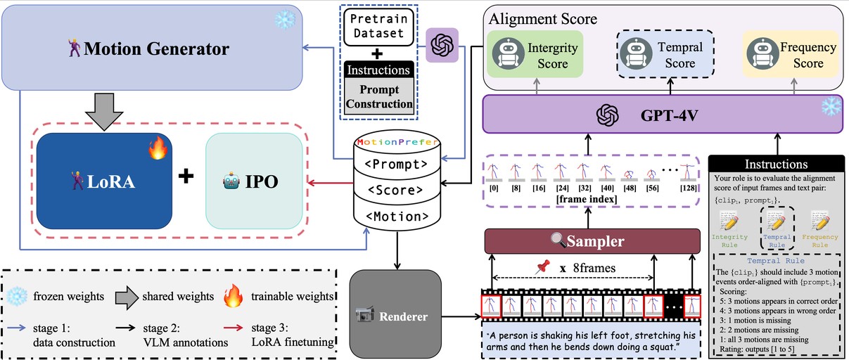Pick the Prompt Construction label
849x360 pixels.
(379, 96)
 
